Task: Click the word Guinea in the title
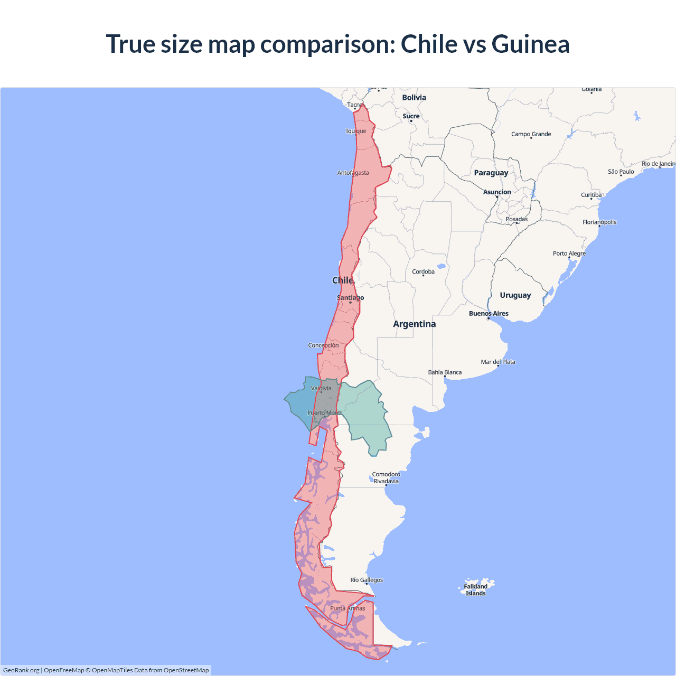coord(530,44)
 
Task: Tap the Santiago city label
coord(350,298)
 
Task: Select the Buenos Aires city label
coord(489,314)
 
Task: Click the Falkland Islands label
coord(475,590)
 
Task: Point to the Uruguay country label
coord(515,295)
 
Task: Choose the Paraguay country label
coord(491,173)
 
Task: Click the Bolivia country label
coord(414,98)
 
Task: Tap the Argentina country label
coord(415,324)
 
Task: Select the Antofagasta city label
coord(353,173)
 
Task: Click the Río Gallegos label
coord(367,580)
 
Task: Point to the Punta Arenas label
coord(348,608)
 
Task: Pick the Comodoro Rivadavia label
coord(386,478)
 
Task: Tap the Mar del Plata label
coord(498,362)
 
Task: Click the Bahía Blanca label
coord(445,372)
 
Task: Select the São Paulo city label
coord(621,172)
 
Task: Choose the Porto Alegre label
coord(569,253)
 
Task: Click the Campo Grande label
coord(531,134)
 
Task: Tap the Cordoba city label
coord(423,272)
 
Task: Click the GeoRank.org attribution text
coord(21,670)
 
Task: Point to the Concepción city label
coord(324,345)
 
